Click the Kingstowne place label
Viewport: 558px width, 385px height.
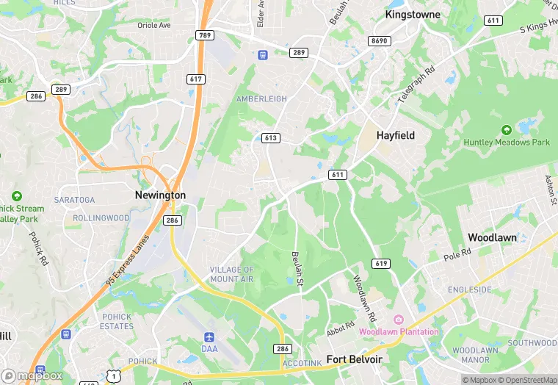point(413,14)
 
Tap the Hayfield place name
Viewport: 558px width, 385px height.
point(396,135)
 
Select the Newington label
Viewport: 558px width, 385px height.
point(160,195)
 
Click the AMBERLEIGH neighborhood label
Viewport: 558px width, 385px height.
point(261,98)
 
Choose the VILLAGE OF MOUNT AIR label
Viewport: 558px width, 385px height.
point(232,275)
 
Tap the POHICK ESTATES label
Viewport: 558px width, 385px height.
point(117,321)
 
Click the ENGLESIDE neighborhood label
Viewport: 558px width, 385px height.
point(470,289)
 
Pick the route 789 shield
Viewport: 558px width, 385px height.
point(205,35)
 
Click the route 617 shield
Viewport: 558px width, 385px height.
point(196,79)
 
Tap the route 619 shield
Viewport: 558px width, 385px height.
point(381,264)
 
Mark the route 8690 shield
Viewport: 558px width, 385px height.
point(380,40)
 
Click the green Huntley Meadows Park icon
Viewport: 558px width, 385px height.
point(506,130)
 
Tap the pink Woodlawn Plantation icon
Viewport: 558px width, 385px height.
point(399,319)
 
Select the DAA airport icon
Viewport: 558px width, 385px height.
point(209,337)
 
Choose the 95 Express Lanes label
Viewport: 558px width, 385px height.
point(127,260)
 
